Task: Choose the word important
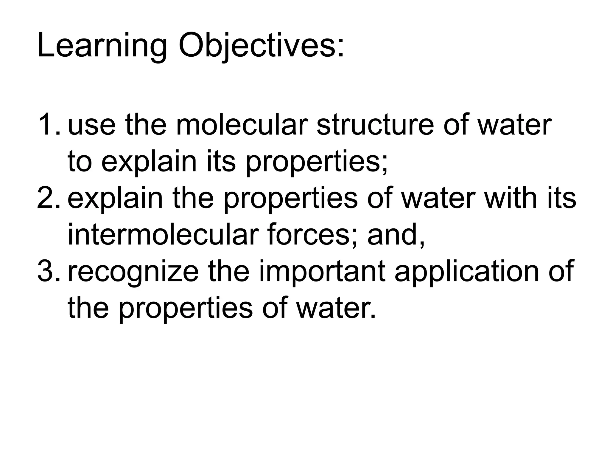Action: click(x=322, y=271)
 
